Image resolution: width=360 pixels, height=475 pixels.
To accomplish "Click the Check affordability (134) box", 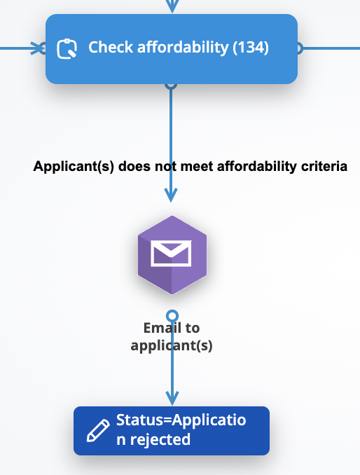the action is tap(172, 49).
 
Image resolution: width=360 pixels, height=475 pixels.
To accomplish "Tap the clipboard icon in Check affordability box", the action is tap(67, 48).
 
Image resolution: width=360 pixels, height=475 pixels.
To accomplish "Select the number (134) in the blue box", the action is tap(251, 48).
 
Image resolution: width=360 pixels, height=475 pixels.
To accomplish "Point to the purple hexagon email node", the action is tap(172, 255).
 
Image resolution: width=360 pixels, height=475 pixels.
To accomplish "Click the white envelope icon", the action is tap(171, 253).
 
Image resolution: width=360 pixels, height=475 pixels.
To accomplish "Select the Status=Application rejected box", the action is tap(172, 430).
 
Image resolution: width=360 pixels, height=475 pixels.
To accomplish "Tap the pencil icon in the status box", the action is tap(98, 430).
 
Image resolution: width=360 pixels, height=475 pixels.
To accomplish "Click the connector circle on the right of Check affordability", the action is tap(298, 48).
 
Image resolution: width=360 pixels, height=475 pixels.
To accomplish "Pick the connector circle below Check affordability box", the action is tap(171, 85).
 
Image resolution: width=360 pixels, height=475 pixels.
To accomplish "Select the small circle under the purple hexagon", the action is tap(172, 316).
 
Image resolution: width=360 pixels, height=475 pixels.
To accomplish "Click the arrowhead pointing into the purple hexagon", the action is tap(171, 195).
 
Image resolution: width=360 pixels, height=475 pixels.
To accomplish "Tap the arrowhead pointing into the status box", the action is tap(172, 398).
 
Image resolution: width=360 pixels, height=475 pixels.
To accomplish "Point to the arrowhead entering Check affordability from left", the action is tap(38, 48).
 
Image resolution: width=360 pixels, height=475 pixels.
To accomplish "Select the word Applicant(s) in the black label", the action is tap(74, 167).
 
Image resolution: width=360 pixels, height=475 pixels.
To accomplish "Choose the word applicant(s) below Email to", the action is tap(172, 345).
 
